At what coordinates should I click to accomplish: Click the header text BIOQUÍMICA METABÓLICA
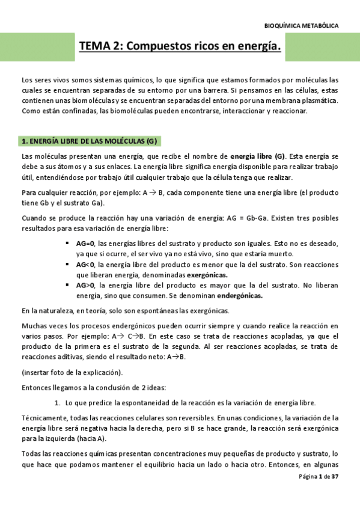[x=301, y=26]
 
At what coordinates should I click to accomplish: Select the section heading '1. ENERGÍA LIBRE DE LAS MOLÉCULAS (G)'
[x=89, y=141]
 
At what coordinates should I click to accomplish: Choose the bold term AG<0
[x=85, y=265]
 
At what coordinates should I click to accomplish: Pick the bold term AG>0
[x=85, y=286]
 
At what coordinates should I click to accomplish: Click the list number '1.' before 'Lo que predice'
[x=58, y=402]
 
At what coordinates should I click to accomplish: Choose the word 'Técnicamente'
[x=41, y=417]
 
